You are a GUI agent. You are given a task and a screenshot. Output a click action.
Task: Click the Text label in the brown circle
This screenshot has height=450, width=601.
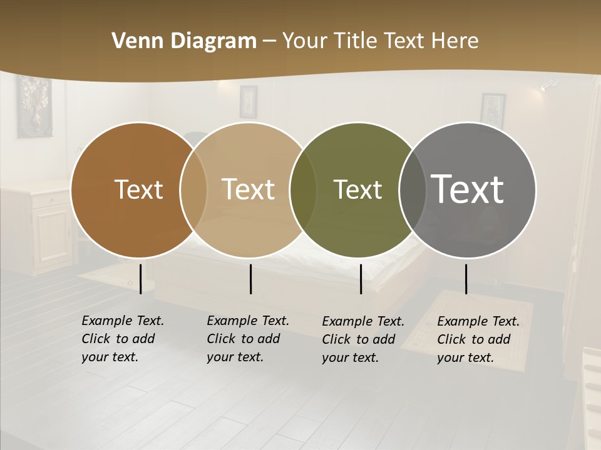(138, 189)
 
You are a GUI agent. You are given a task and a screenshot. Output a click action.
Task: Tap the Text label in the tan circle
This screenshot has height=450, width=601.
(248, 189)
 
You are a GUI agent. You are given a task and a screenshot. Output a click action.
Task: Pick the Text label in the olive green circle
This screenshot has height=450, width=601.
(357, 189)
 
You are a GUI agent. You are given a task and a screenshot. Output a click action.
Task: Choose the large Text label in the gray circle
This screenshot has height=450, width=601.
(467, 189)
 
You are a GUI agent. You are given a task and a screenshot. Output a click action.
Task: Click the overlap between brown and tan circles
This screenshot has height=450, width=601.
(193, 189)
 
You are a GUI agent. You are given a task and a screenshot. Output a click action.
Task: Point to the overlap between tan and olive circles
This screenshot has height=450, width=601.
(303, 189)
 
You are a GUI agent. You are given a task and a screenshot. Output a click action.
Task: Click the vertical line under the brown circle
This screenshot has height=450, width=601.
(140, 279)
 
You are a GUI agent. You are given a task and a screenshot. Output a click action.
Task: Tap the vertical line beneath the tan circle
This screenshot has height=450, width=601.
(250, 279)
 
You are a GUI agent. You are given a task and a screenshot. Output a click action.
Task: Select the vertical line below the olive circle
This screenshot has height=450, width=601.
(361, 279)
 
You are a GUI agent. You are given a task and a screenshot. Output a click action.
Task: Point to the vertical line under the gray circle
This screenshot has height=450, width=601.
(466, 279)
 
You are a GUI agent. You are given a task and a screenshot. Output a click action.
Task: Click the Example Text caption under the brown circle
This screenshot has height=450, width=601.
(123, 321)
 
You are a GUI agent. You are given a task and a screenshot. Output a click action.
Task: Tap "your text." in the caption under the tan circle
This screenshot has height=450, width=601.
(235, 357)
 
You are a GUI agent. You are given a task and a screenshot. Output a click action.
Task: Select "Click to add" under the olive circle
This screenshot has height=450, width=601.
(359, 339)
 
